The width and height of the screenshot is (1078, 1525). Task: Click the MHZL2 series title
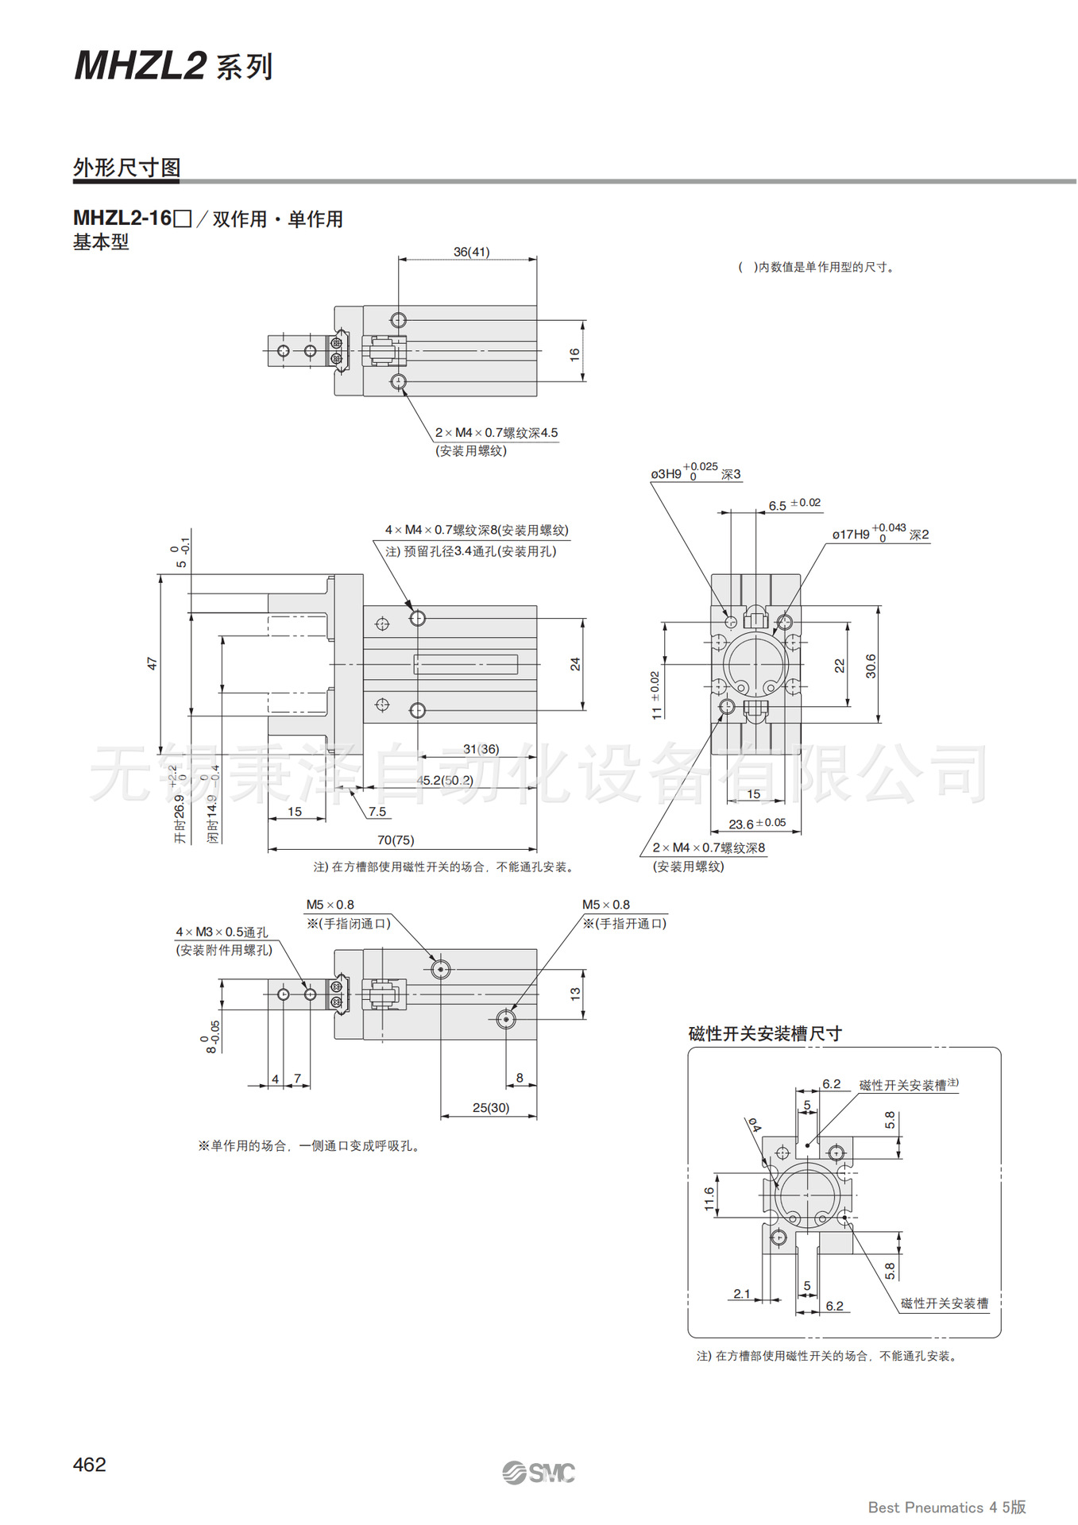click(173, 66)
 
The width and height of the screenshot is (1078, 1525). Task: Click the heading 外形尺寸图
click(127, 168)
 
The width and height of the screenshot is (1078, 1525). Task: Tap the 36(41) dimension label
click(471, 252)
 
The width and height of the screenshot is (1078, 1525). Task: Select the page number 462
click(89, 1465)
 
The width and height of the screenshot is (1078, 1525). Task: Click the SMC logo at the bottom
click(539, 1473)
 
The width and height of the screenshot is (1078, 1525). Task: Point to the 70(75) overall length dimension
click(396, 840)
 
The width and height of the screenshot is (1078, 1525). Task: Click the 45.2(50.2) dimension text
click(445, 780)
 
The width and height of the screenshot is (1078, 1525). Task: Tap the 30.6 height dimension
click(871, 666)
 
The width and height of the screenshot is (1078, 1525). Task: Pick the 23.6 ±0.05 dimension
click(757, 824)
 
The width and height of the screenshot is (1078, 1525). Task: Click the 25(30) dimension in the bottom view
click(491, 1107)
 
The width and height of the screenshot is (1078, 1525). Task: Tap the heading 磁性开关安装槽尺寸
click(765, 1033)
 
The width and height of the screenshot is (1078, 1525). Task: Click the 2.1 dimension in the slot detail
click(742, 1294)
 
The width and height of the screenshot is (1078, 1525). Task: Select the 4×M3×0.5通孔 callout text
click(222, 932)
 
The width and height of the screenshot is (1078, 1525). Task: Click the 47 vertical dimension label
click(153, 662)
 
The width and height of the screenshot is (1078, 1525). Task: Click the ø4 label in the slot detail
click(753, 1125)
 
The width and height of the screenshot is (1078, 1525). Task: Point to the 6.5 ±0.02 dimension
click(794, 505)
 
